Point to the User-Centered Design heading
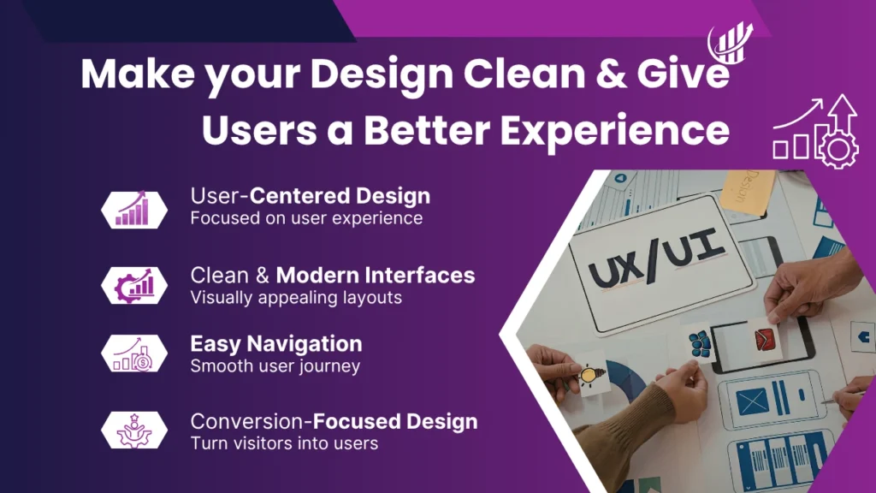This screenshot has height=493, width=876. pos(310,196)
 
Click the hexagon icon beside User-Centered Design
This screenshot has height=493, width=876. pos(133,209)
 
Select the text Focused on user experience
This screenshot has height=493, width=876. pos(306,218)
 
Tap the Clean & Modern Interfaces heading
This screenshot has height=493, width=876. pos(332,276)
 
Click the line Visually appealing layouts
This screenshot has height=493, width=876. pos(296,298)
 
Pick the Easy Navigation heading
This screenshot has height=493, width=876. pos(275,344)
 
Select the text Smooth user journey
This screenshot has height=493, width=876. pos(275,366)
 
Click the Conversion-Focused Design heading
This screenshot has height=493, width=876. pos(334,421)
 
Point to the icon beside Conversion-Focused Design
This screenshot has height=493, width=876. pos(133,430)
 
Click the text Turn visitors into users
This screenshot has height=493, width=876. pos(284,443)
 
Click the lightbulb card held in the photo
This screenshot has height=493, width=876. pos(589,374)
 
